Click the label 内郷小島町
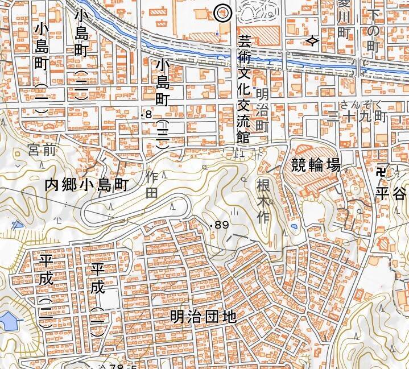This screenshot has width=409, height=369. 88,185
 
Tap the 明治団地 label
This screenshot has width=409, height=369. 203,317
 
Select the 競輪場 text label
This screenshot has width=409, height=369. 316,166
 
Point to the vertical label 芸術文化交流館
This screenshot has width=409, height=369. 244,90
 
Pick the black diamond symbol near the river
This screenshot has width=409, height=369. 312,41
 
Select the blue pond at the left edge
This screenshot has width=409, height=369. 8,321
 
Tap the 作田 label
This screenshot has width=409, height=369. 152,184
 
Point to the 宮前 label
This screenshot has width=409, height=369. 42,151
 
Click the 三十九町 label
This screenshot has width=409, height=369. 358,117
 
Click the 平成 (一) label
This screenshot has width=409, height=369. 98,296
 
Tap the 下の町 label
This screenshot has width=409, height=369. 372,28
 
